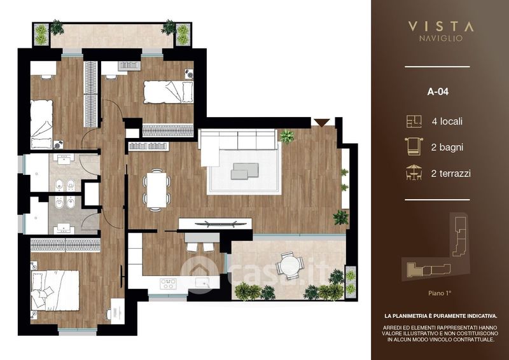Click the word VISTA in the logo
440,26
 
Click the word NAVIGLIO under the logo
440,38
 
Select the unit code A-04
438,92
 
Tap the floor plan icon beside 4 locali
414,121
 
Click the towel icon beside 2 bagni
414,147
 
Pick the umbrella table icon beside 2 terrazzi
414,172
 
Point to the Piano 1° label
440,293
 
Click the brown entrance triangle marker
322,123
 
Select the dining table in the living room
157,190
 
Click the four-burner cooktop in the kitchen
168,284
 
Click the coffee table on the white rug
245,170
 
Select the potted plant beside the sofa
287,136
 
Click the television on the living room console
215,223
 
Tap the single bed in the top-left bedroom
41,124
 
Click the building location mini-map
436,247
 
